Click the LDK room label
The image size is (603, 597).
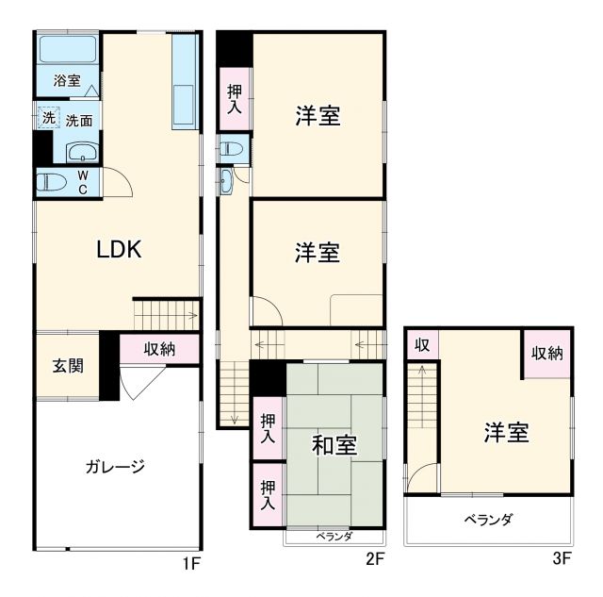(x=119, y=249)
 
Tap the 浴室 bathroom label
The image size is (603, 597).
(x=67, y=81)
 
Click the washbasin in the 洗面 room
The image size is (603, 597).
(x=84, y=151)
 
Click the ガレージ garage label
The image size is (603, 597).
(x=115, y=466)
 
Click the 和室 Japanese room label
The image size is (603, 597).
(x=334, y=444)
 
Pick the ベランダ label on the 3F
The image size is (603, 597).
(x=488, y=520)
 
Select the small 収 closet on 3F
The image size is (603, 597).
(x=422, y=344)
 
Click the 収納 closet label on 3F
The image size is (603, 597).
(x=547, y=354)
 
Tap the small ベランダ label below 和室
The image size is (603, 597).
(x=334, y=537)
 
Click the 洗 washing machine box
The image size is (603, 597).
(x=47, y=118)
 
